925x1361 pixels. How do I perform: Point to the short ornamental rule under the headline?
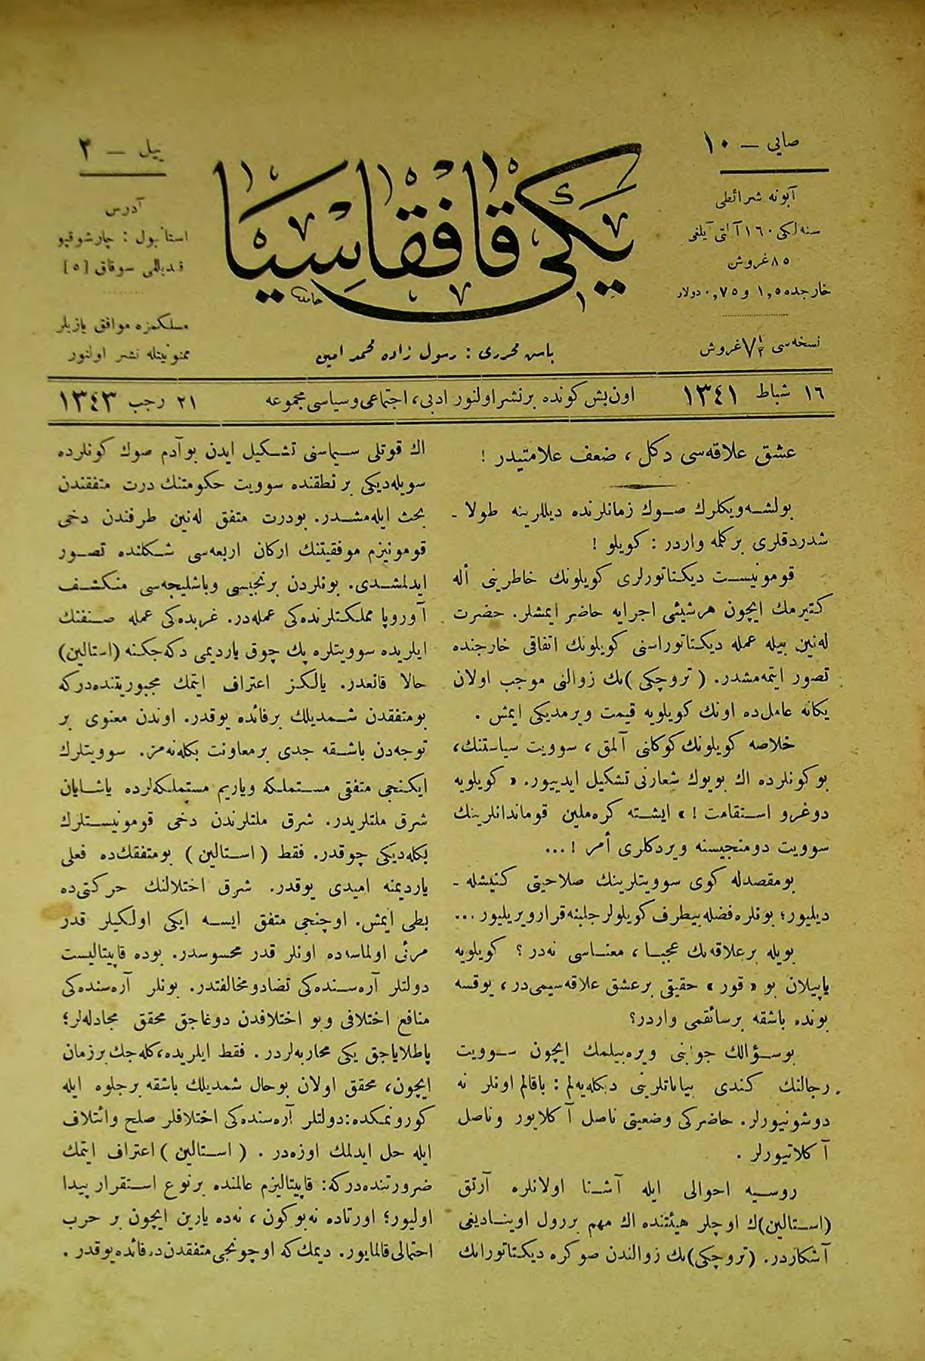[x=643, y=485]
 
